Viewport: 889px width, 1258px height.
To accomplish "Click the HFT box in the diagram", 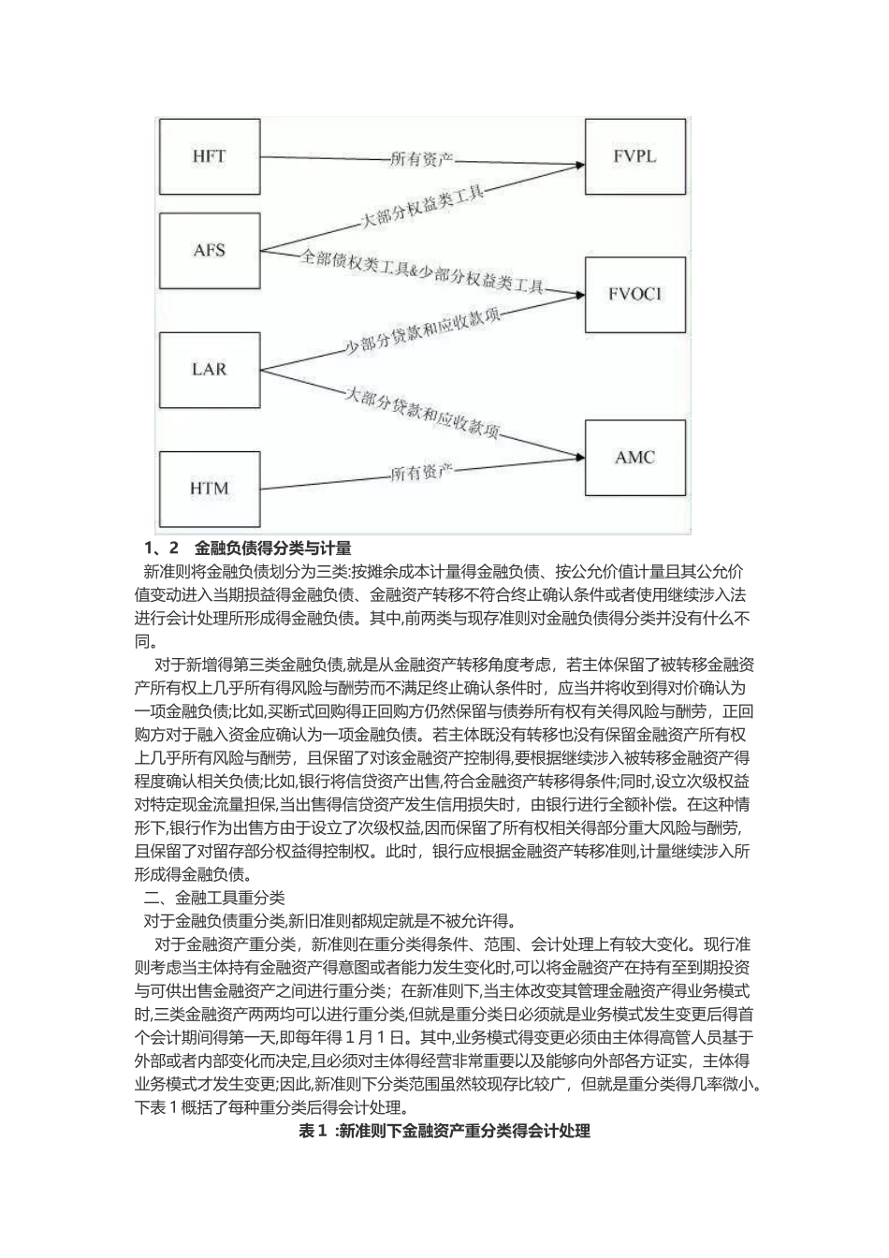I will pyautogui.click(x=209, y=156).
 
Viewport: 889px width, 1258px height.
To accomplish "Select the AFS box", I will pyautogui.click(x=209, y=251).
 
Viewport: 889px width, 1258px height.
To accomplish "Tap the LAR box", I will pyautogui.click(x=209, y=368).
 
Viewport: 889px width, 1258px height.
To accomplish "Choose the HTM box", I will pyautogui.click(x=209, y=488).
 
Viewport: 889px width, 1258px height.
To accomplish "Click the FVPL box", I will pyautogui.click(x=635, y=155).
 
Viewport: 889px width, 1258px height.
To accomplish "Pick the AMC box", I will pyautogui.click(x=635, y=458).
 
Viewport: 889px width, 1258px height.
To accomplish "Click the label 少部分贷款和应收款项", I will pyautogui.click(x=423, y=332).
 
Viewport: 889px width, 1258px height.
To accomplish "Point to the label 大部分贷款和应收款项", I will pyautogui.click(x=422, y=413).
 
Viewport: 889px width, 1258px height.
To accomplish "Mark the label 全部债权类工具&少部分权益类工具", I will pyautogui.click(x=421, y=271).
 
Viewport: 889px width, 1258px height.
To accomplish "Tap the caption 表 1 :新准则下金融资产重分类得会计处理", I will pyautogui.click(x=444, y=1132).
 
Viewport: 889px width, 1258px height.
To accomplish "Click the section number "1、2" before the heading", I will pyautogui.click(x=160, y=548).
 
